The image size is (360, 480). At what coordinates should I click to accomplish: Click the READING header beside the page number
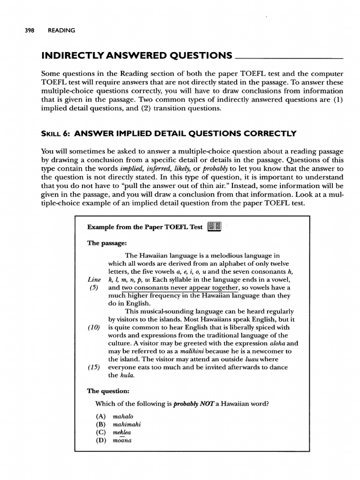(x=61, y=31)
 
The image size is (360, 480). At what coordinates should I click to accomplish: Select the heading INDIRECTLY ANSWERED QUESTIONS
(x=136, y=56)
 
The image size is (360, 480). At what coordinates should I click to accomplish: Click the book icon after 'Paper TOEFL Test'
(x=214, y=226)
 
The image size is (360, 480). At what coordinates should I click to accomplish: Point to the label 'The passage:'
(x=107, y=243)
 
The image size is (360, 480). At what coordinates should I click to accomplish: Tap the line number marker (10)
(x=94, y=327)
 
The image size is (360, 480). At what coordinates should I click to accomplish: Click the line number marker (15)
(x=94, y=367)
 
